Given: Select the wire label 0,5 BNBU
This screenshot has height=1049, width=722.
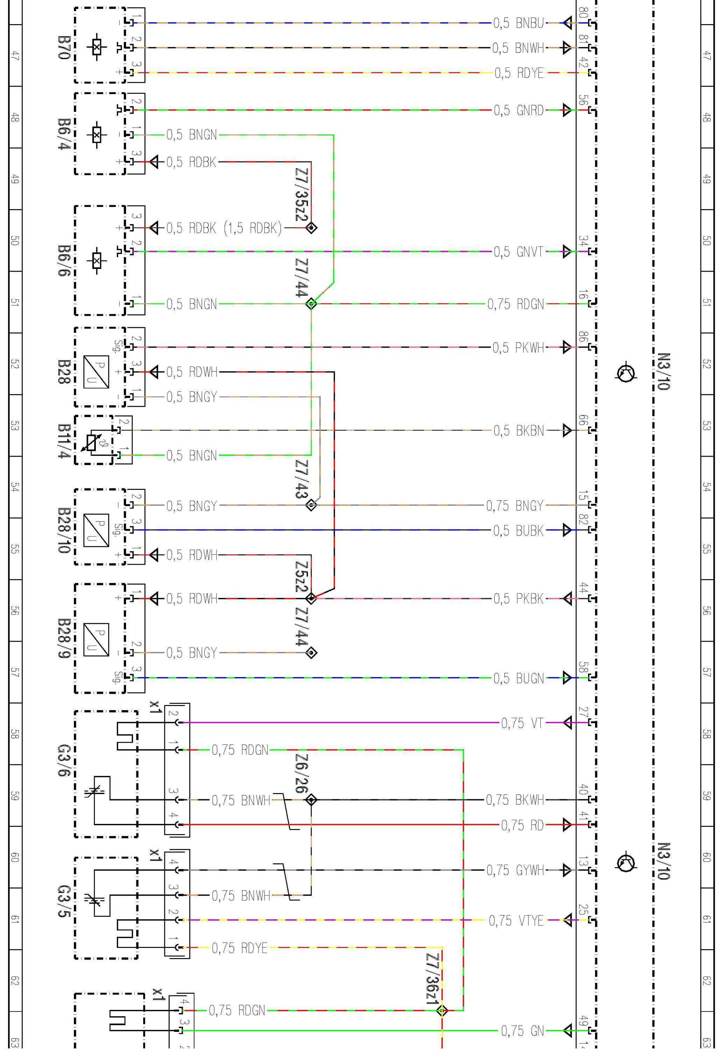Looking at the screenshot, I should tap(518, 23).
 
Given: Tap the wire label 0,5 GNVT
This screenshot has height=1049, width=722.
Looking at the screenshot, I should tap(518, 251).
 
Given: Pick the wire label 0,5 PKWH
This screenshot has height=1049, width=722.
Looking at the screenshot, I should tap(518, 348).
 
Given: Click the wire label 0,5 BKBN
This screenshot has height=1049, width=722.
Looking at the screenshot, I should tap(518, 430).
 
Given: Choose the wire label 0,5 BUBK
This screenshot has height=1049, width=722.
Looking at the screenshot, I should tap(518, 530).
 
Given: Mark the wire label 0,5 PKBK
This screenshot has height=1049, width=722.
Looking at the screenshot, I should tap(518, 599).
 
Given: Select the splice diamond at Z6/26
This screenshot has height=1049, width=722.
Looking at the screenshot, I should tap(311, 800).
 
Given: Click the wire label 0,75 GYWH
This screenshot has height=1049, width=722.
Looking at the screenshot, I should tap(515, 870).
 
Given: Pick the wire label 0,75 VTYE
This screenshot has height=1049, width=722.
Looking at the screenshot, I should tap(516, 921).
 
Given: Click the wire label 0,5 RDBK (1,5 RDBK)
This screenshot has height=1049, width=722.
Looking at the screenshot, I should tap(224, 228).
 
